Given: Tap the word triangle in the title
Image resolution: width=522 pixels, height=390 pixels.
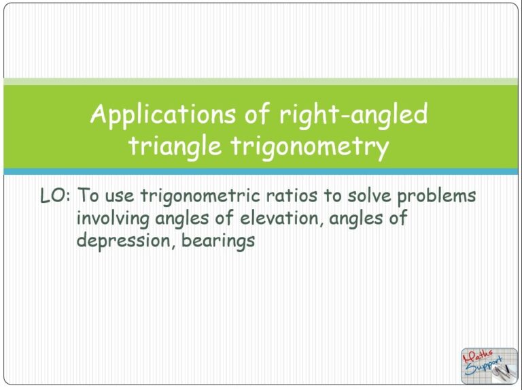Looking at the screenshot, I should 173,146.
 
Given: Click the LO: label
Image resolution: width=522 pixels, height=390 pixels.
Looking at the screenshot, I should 56,196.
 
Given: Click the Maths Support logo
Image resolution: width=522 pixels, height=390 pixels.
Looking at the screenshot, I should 488,365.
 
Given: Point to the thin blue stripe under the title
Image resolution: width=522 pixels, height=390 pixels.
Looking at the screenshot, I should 261,172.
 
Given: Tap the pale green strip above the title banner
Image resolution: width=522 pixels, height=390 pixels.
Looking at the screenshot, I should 261,82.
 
